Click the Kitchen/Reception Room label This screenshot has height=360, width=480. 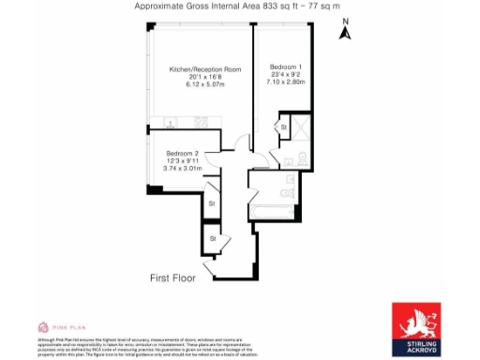click(205, 70)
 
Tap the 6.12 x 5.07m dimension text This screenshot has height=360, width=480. click(205, 85)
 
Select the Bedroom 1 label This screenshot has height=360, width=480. click(286, 67)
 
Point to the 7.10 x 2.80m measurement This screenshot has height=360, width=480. click(286, 82)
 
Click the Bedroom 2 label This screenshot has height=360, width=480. click(183, 153)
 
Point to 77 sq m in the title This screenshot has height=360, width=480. click(320, 6)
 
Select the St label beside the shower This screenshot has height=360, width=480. click(283, 127)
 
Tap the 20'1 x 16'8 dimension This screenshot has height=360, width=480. click(205, 78)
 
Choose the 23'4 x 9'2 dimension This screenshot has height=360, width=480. click(286, 75)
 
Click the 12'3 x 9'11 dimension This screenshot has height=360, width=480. click(183, 160)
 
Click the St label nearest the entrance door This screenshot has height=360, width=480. click(213, 239)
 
